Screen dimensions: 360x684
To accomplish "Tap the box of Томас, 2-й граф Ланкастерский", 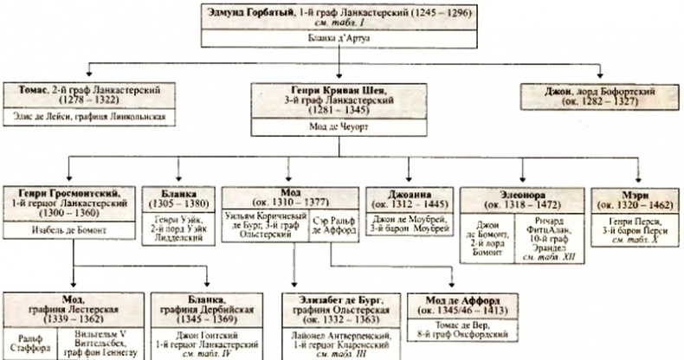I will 94,93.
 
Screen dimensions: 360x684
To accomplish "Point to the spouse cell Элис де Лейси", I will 94,115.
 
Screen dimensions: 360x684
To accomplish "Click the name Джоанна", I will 406,193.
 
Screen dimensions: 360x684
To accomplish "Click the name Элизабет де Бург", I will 335,299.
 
